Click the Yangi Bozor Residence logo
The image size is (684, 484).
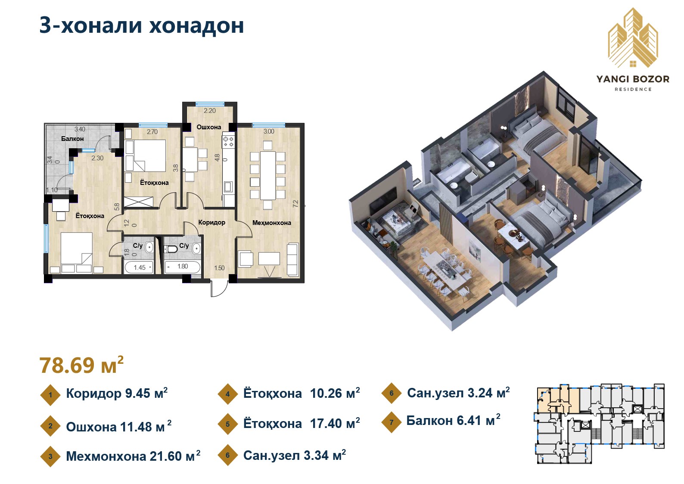pos(633,50)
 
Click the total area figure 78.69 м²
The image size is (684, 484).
pos(81,365)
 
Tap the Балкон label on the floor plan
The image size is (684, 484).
pos(72,139)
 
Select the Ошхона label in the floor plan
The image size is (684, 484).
pos(209,127)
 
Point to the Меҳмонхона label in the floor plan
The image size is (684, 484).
pos(271,223)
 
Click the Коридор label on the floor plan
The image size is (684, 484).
pos(211,222)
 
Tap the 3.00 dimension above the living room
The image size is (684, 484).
pos(269,131)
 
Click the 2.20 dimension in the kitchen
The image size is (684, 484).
pos(210,111)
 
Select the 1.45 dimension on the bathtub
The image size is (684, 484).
pos(140,268)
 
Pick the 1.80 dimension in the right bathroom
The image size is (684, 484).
pos(183,266)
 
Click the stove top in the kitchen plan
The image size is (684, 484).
pos(228,141)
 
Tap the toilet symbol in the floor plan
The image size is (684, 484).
pos(172,249)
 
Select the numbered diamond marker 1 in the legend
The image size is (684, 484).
pos(50,395)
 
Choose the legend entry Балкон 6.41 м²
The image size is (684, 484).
pos(453,421)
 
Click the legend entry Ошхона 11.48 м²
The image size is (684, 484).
pos(118,427)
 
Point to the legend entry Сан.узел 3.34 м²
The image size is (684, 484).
pos(294,455)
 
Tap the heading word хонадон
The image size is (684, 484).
pos(196,25)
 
